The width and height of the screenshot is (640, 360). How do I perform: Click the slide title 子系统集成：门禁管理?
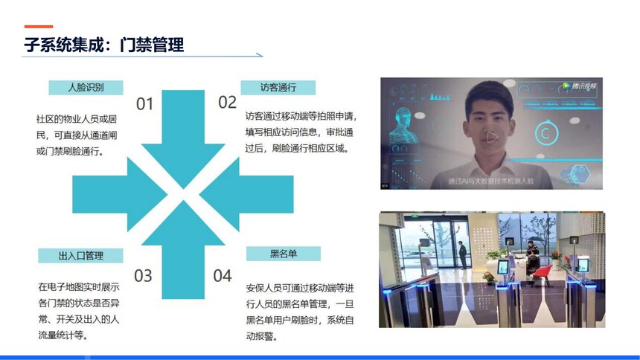point(104,45)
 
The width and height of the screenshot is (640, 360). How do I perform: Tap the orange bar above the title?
point(39,27)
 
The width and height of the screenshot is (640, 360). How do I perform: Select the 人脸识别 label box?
point(86,87)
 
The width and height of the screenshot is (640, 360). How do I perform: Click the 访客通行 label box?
point(278,87)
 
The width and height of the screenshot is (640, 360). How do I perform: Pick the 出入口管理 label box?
point(80,256)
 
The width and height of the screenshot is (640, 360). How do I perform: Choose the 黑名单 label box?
point(284,254)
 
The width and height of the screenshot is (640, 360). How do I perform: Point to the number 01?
point(144,104)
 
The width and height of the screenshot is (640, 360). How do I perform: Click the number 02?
point(227,102)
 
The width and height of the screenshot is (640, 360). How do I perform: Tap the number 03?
point(143,276)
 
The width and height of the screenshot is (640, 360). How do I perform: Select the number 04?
point(223,276)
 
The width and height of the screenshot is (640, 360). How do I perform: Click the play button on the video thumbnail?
point(491,137)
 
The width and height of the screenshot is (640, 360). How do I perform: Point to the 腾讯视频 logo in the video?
point(579,86)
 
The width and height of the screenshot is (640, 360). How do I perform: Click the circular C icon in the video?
point(546,132)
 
